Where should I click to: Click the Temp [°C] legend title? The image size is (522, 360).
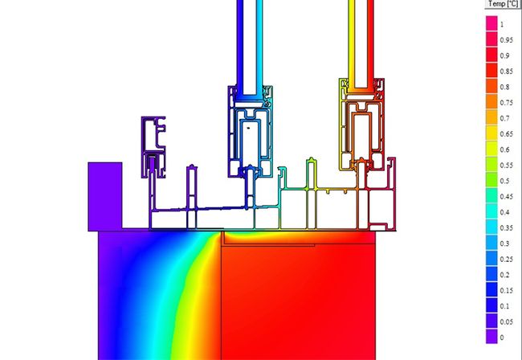504,4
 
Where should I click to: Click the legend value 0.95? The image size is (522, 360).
507,40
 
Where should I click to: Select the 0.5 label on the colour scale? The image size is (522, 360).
504,181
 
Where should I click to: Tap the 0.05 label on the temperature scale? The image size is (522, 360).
507,322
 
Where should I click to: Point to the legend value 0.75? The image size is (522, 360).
507,103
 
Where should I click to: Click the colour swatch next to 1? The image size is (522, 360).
491,24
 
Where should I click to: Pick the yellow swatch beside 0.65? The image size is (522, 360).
491,133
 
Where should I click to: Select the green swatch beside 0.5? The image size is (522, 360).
491,181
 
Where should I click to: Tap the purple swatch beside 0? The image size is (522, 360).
491,337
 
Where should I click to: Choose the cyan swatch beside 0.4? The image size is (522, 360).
491,212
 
